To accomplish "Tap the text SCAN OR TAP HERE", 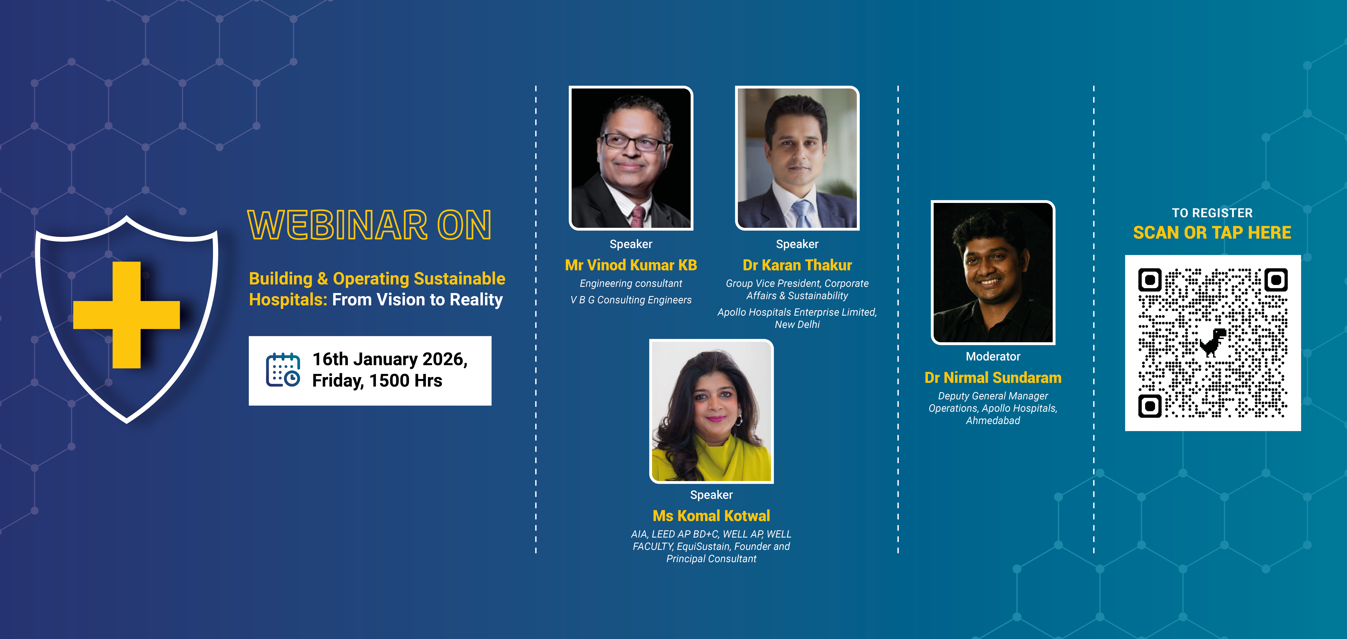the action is pyautogui.click(x=1212, y=232).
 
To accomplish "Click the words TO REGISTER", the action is pyautogui.click(x=1212, y=213).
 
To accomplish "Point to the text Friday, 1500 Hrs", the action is pyautogui.click(x=377, y=381).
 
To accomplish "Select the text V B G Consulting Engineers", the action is pyautogui.click(x=631, y=300).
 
